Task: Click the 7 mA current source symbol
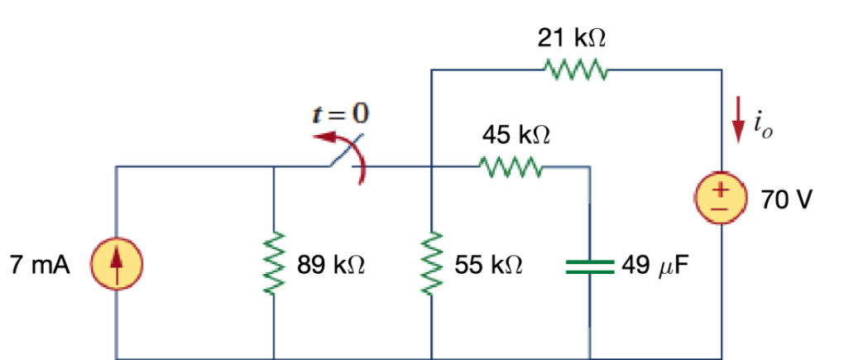tap(117, 265)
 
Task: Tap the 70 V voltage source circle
tap(722, 199)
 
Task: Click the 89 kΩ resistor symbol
tap(274, 264)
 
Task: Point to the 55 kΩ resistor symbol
tap(431, 264)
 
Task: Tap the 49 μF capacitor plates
tap(589, 266)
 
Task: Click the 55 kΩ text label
tap(488, 266)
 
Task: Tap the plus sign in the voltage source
tap(722, 190)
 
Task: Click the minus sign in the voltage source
tap(722, 209)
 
